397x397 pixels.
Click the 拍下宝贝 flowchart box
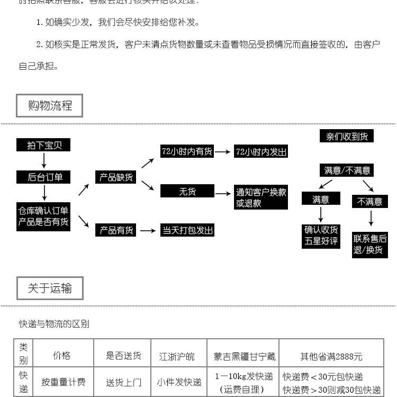(x=44, y=145)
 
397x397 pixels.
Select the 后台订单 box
(x=44, y=177)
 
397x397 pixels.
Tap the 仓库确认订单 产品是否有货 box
(x=43, y=216)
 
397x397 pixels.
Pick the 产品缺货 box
(x=116, y=177)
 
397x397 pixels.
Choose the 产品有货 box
(x=116, y=230)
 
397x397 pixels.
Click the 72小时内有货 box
(x=187, y=151)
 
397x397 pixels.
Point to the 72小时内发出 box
(x=261, y=152)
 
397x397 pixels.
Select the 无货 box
(x=187, y=191)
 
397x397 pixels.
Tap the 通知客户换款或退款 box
(x=261, y=197)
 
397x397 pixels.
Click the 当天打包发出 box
(x=187, y=230)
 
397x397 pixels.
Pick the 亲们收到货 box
(x=347, y=137)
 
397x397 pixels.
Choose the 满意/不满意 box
(x=347, y=170)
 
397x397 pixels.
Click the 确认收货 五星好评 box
(x=321, y=235)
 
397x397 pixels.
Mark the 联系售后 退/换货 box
(x=370, y=244)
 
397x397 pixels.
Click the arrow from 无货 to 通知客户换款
(x=223, y=194)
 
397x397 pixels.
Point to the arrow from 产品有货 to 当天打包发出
(x=148, y=231)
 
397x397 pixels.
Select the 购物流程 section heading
(x=50, y=106)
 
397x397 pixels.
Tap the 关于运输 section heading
(x=50, y=288)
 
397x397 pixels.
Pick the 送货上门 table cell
(x=123, y=382)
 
